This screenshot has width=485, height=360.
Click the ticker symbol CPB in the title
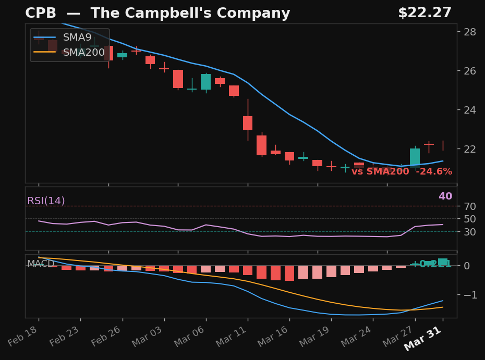pos(40,14)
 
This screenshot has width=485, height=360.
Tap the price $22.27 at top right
pos(425,13)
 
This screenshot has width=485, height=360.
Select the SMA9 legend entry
pos(77,38)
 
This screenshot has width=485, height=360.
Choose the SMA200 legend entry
pos(83,53)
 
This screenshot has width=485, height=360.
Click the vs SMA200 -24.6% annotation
pos(402,171)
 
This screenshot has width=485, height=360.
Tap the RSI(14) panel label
pos(46,201)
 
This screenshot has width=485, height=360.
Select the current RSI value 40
pos(445,196)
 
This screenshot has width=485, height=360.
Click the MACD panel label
pos(41,264)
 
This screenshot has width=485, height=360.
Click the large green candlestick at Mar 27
pos(415,157)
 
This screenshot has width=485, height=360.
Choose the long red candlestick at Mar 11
pos(248,123)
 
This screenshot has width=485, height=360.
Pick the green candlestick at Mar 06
pos(206,82)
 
